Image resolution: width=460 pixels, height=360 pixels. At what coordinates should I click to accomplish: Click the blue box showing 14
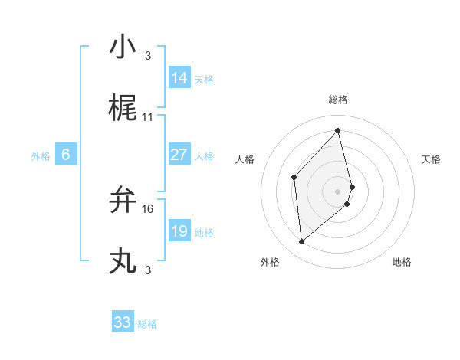179,78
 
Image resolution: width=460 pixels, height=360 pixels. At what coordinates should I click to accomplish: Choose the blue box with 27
179,155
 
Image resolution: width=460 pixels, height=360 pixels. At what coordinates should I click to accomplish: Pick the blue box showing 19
179,231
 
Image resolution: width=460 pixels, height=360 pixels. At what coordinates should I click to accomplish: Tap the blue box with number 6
66,155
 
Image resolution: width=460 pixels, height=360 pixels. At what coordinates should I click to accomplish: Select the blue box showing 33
123,322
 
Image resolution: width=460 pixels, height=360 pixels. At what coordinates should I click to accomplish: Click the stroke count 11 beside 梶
148,117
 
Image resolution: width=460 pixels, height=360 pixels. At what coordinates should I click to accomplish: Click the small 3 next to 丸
148,270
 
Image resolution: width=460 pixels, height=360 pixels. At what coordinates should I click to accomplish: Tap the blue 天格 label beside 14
204,79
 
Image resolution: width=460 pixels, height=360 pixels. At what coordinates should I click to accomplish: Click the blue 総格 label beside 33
147,324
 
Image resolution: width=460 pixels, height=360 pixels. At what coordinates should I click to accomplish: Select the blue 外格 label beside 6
41,155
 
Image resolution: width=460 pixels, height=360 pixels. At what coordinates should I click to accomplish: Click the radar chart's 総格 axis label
338,100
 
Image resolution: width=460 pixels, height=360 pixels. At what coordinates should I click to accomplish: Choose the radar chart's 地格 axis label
402,262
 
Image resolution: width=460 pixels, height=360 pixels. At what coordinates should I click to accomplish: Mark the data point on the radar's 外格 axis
302,242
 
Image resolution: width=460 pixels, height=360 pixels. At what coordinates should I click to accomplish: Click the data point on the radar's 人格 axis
294,178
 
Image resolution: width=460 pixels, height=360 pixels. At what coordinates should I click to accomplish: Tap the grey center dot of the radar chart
338,191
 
